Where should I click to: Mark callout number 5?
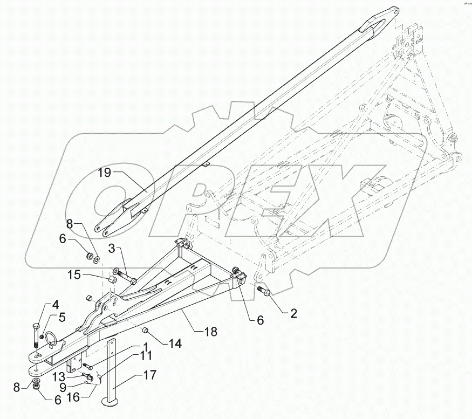click(63, 318)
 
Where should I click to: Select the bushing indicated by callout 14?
click(145, 330)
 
